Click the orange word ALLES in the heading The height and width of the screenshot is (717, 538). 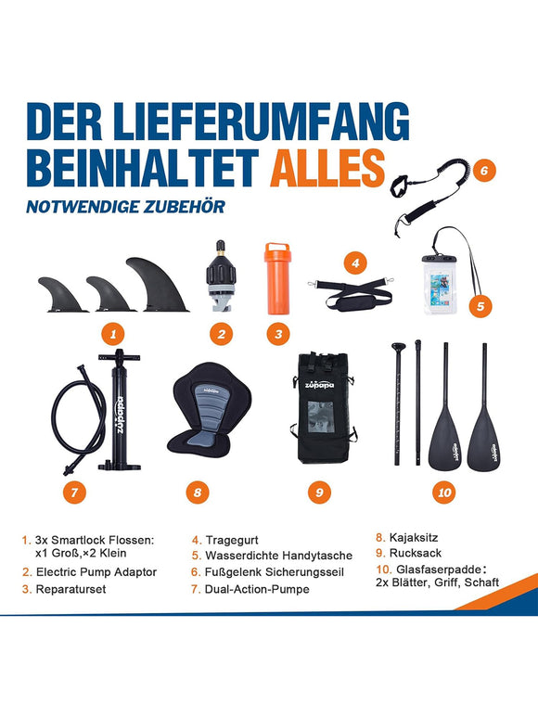[327, 167]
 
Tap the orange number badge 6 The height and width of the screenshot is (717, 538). [483, 170]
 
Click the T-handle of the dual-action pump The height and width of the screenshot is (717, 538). [117, 355]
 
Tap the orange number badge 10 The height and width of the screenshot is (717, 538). [444, 493]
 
